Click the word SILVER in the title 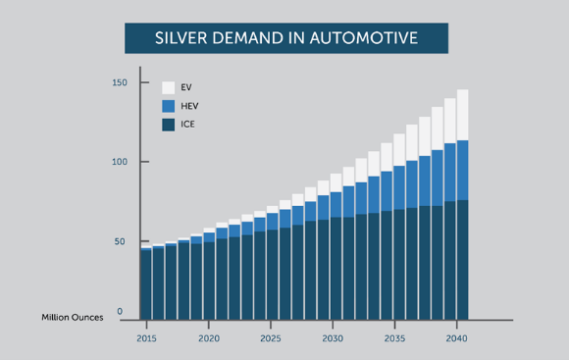[x=183, y=38]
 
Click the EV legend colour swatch [x=168, y=87]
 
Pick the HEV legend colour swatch [x=168, y=106]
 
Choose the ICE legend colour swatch [x=168, y=125]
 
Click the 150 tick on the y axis [x=119, y=82]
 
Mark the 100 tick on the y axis [x=119, y=162]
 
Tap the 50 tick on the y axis [x=121, y=241]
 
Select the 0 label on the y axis [x=121, y=312]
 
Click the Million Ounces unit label [x=71, y=318]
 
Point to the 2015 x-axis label [x=146, y=337]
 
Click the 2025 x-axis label [x=271, y=337]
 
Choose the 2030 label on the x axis [x=333, y=337]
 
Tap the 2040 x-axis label [x=457, y=337]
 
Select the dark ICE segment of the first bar [x=146, y=284]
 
